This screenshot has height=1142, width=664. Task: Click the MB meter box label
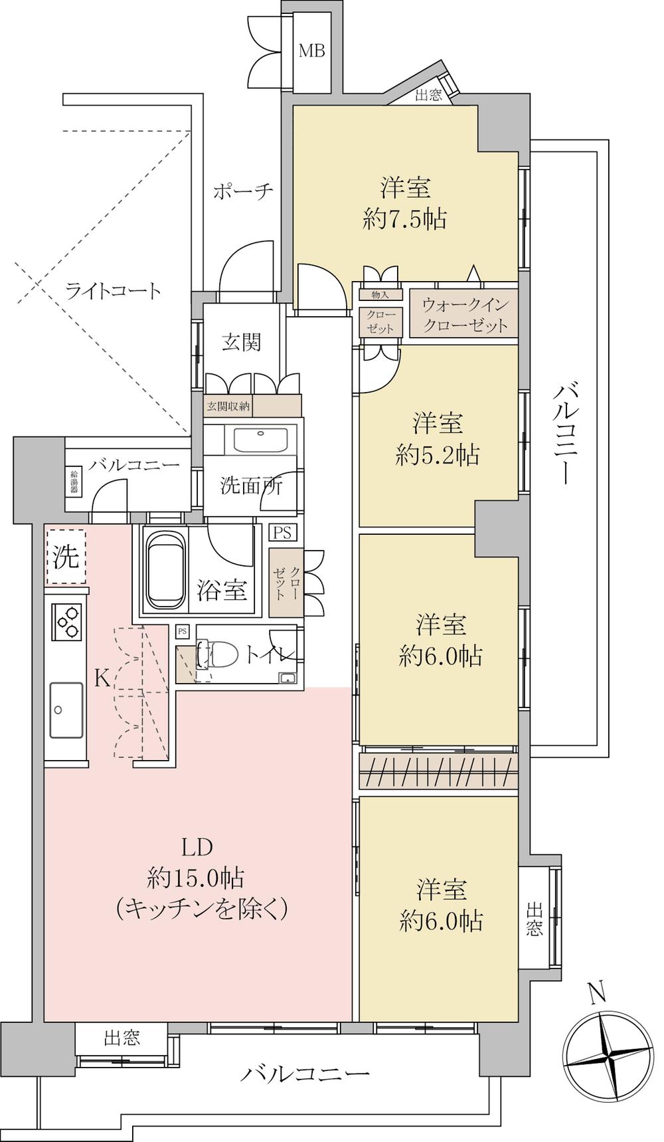(311, 50)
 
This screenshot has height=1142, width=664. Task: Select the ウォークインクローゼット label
(465, 315)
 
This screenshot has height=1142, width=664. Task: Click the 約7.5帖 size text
(404, 218)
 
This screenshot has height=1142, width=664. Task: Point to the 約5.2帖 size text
(438, 455)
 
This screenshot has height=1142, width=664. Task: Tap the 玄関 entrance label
(241, 342)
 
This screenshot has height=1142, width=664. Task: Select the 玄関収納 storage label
(228, 406)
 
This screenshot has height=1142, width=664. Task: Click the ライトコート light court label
(113, 290)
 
